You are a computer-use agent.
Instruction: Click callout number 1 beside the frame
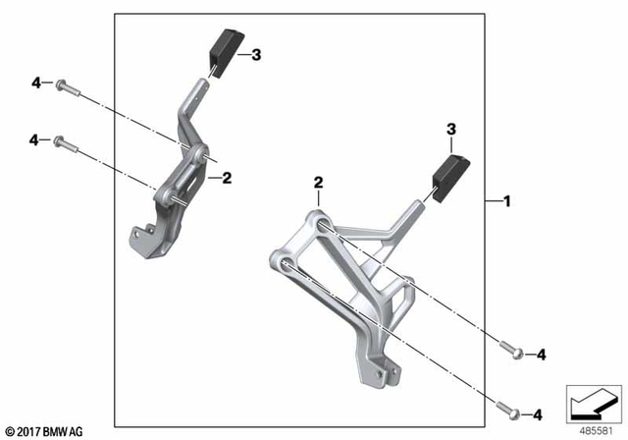point(506,201)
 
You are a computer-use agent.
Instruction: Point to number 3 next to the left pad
point(256,56)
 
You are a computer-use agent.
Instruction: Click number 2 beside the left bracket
point(226,178)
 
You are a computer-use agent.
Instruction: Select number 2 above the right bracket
point(318,183)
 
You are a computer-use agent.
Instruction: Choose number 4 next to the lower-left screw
point(34,141)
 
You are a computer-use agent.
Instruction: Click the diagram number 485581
point(592,429)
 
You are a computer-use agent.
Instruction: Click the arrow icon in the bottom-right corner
point(592,402)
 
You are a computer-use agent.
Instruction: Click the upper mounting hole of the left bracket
point(200,154)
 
